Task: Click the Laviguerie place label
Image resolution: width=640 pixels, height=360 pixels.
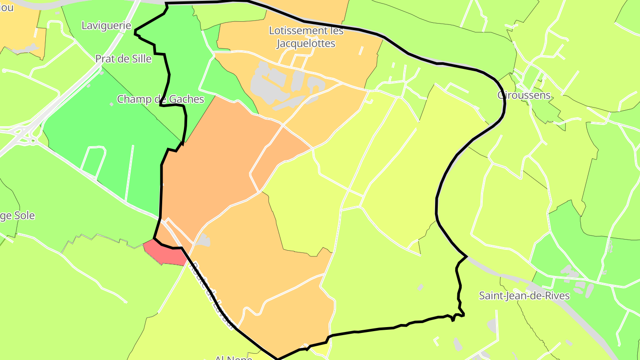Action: (x=106, y=25)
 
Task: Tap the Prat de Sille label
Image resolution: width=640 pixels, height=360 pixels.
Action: (x=123, y=59)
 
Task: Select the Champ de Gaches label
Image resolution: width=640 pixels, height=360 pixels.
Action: (x=160, y=99)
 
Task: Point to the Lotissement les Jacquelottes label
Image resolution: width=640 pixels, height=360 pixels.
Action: (x=306, y=37)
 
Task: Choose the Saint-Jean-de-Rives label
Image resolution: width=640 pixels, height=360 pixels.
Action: (x=524, y=296)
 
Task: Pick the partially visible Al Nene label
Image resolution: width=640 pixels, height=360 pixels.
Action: (x=233, y=357)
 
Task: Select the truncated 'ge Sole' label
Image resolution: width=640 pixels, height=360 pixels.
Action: (x=17, y=216)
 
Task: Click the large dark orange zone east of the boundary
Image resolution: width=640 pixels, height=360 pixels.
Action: (x=213, y=160)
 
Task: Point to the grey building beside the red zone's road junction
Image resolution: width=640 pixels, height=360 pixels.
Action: (x=204, y=240)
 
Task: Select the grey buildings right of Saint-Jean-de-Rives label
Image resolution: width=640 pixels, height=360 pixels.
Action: (x=578, y=280)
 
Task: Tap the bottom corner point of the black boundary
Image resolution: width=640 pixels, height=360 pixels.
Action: (x=277, y=359)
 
